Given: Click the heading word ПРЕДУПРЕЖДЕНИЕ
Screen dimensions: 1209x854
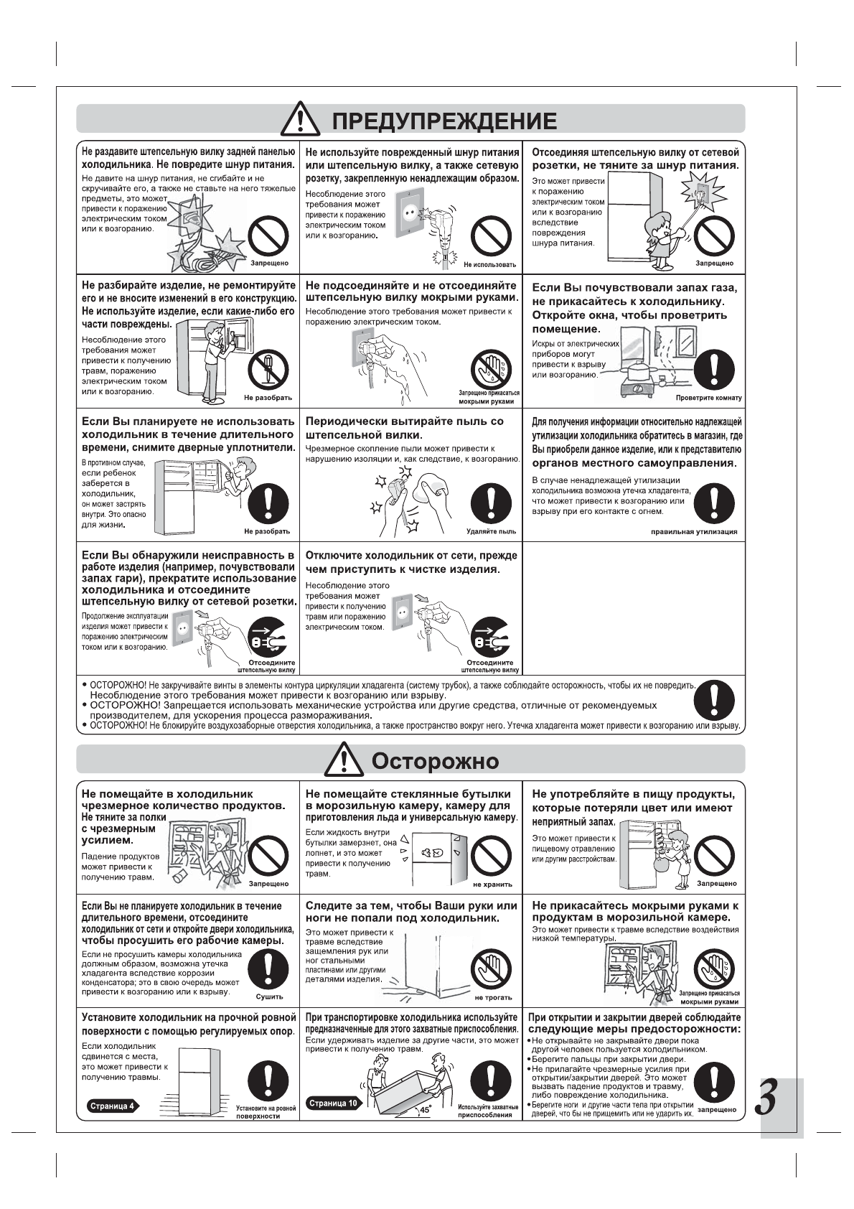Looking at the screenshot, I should point(444,121).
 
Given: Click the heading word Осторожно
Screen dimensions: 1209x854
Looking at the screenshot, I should point(434,760).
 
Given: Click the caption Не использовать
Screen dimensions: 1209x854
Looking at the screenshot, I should point(489,265).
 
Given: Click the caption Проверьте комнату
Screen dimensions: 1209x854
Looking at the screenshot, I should point(708,398).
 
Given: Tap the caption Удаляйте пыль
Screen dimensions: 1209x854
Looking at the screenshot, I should point(491,531).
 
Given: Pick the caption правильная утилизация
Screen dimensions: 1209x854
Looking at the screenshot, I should point(693,532).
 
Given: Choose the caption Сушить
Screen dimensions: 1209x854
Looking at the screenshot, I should point(269,996).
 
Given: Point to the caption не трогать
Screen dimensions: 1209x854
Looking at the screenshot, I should point(493,997).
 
